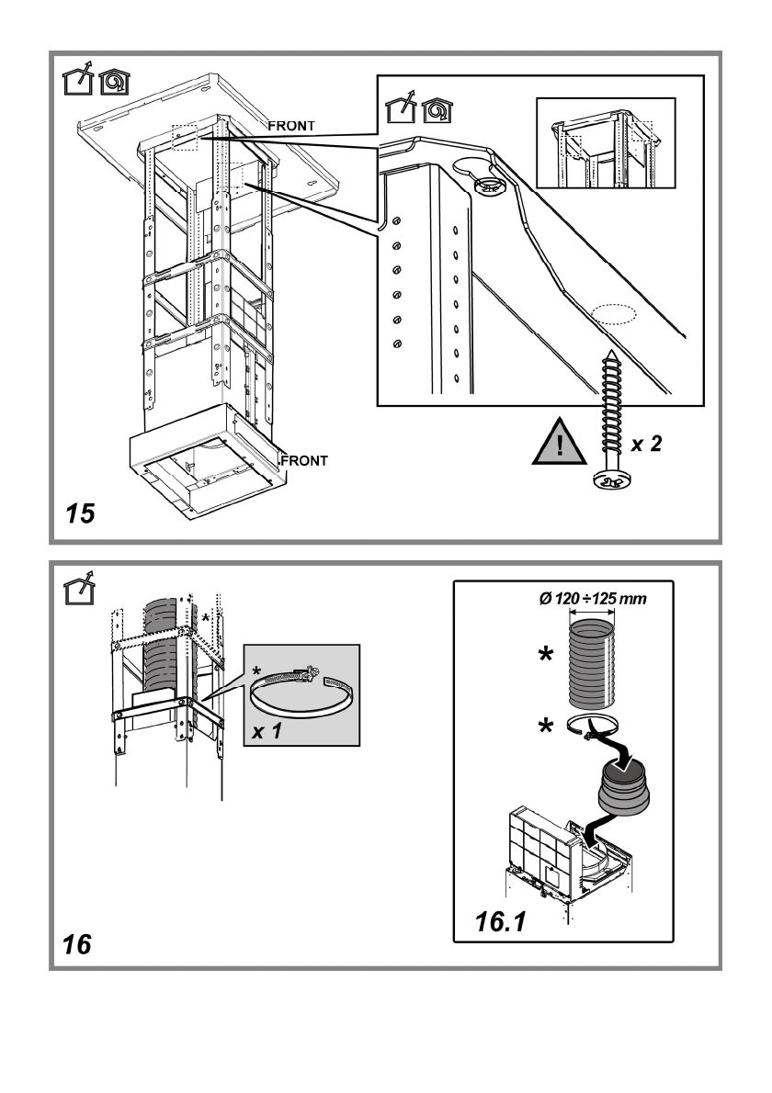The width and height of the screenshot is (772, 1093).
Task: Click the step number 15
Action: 80,513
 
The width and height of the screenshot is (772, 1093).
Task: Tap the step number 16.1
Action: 501,921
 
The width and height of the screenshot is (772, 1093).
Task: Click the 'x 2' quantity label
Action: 646,444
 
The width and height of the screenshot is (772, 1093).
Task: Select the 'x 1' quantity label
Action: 267,731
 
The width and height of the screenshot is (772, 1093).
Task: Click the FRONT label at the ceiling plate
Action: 291,126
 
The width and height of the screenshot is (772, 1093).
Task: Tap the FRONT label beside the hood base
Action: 304,461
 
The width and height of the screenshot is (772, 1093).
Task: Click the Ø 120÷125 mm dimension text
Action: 593,598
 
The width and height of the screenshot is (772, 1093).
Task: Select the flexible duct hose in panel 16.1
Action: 593,663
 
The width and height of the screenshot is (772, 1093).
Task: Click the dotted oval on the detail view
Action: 614,313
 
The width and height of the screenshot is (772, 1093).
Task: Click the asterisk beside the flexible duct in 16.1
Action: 546,656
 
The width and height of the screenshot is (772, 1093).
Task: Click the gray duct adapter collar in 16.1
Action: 624,785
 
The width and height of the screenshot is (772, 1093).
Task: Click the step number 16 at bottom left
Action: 76,944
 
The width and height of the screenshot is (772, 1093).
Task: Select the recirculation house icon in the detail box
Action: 437,109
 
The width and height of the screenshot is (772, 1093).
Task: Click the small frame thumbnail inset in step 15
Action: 606,143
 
